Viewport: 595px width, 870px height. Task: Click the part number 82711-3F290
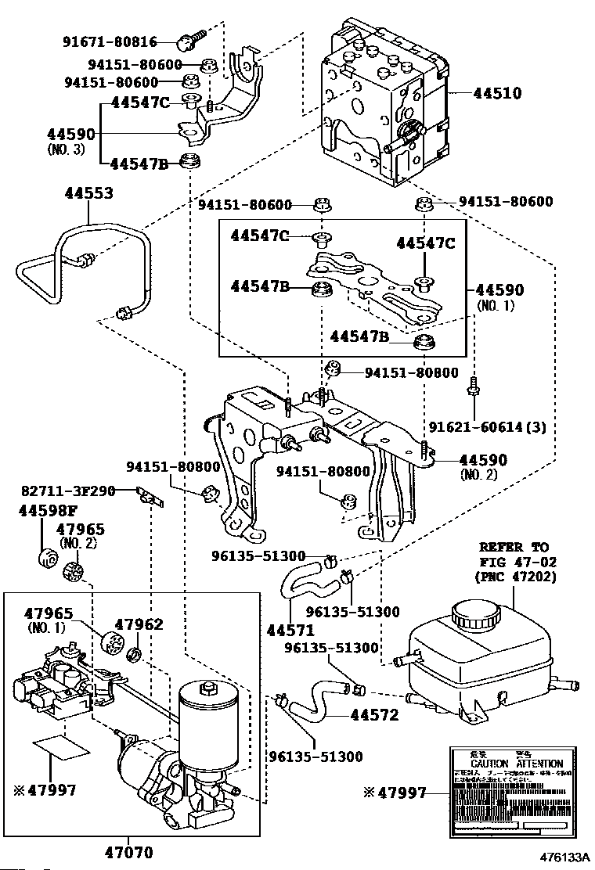(x=68, y=491)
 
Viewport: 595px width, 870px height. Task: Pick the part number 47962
(x=139, y=624)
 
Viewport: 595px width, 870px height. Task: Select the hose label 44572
(x=373, y=714)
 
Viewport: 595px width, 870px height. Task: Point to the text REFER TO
(x=514, y=547)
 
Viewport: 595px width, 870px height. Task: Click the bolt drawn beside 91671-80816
(x=189, y=37)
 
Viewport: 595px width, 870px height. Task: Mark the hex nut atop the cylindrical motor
(x=208, y=688)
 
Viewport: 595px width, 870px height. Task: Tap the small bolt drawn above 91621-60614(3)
(x=474, y=386)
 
